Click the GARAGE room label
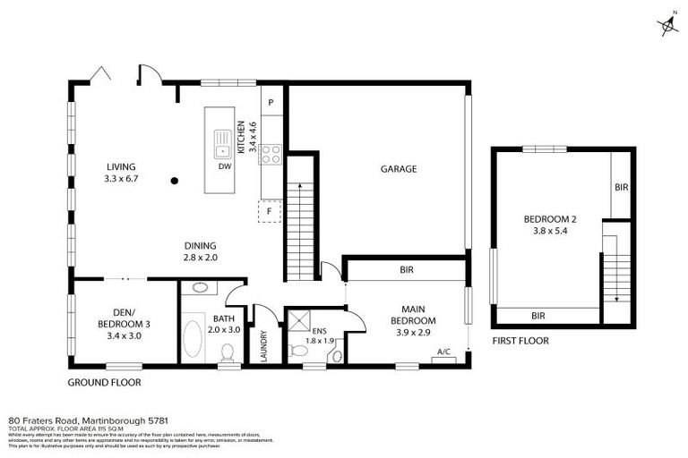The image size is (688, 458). (x=399, y=168)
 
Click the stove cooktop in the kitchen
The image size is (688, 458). (x=271, y=154)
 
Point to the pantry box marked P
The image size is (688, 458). (x=271, y=103)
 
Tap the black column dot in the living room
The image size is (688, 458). (x=175, y=180)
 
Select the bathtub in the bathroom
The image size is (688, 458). (x=193, y=339)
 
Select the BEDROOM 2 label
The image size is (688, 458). (x=549, y=219)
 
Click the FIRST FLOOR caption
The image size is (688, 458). (x=520, y=341)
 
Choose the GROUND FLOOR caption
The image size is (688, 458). (x=105, y=382)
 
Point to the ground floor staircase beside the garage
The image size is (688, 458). (x=303, y=219)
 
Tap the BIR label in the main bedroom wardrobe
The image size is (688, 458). (x=406, y=268)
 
